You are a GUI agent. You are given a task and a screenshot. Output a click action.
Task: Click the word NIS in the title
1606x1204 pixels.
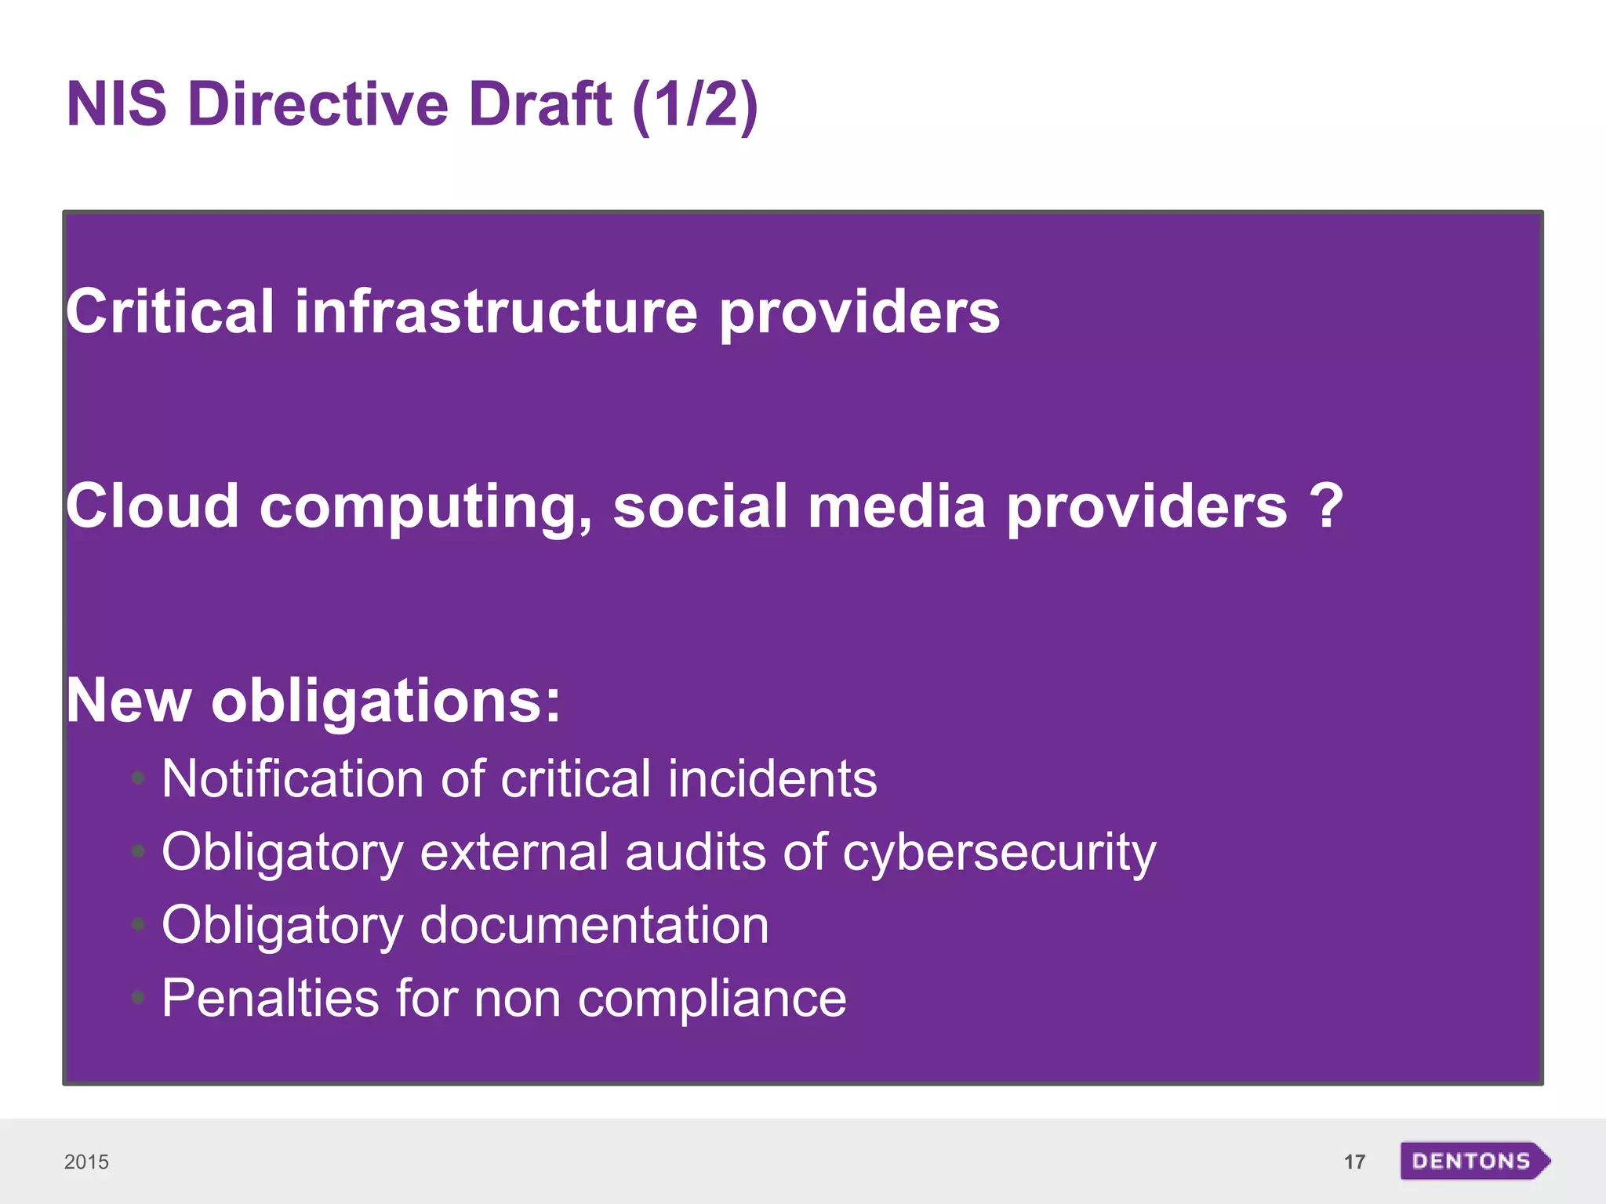coord(116,104)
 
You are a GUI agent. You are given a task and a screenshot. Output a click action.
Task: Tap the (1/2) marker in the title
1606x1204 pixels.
coord(695,104)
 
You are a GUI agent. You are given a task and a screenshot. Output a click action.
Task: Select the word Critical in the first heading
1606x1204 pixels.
coord(169,311)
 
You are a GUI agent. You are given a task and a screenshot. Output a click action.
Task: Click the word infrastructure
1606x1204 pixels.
coord(496,311)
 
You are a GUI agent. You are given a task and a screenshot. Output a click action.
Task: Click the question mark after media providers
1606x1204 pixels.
coord(1326,506)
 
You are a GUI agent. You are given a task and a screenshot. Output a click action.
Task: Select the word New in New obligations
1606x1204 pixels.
coord(129,700)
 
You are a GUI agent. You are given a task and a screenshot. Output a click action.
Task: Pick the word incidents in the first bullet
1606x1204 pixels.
coord(772,779)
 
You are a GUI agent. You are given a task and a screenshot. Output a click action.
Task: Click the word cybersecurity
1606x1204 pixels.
coord(999,852)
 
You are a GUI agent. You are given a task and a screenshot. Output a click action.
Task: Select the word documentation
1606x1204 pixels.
coord(594,925)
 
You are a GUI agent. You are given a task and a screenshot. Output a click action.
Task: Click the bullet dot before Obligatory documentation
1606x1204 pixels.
coord(139,926)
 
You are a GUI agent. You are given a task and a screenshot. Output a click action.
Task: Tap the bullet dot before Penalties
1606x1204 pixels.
coord(139,998)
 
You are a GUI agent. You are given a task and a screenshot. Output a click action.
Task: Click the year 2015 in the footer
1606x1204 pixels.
coord(86,1162)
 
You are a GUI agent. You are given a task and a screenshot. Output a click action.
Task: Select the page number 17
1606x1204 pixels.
coord(1354,1162)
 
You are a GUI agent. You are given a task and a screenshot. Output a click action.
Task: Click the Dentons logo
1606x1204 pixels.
coord(1473,1161)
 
